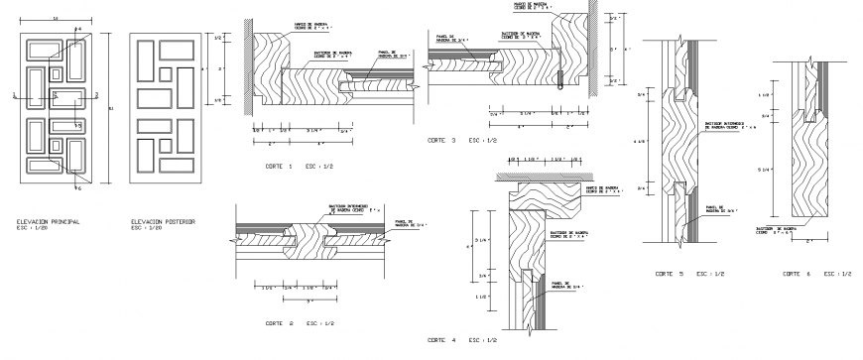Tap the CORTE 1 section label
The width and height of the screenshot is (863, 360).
coord(279,166)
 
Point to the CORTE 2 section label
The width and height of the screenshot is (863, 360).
coord(279,323)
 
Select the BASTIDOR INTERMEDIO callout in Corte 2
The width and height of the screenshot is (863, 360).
coord(340,209)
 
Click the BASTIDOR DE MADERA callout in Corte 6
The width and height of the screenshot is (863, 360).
coord(777,230)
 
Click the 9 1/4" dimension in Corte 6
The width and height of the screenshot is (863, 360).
coord(765,171)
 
